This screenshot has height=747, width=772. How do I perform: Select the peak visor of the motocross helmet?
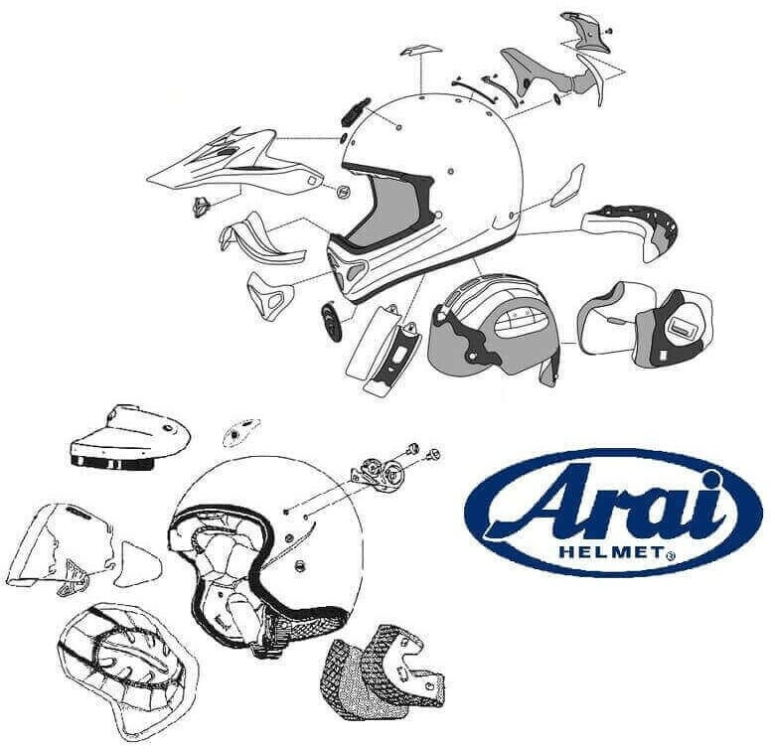click(x=233, y=164)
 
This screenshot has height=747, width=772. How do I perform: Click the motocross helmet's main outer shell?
click(x=447, y=159)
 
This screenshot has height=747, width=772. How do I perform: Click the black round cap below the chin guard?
click(x=330, y=320)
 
